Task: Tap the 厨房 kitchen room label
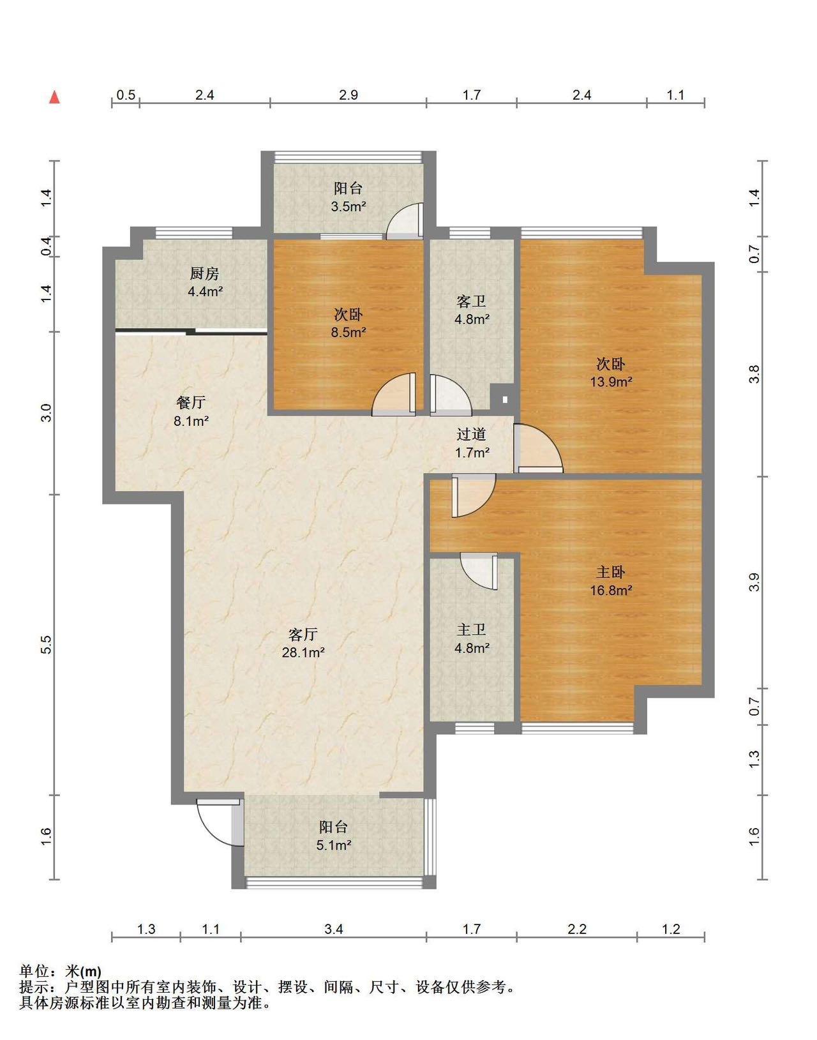click(204, 274)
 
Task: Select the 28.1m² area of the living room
click(303, 652)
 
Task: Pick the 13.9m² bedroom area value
click(611, 382)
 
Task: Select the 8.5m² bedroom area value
click(349, 332)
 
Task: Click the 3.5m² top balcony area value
click(349, 207)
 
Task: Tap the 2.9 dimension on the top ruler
click(349, 94)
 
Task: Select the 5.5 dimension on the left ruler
click(46, 645)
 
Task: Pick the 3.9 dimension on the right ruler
click(754, 582)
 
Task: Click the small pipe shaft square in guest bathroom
click(504, 398)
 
